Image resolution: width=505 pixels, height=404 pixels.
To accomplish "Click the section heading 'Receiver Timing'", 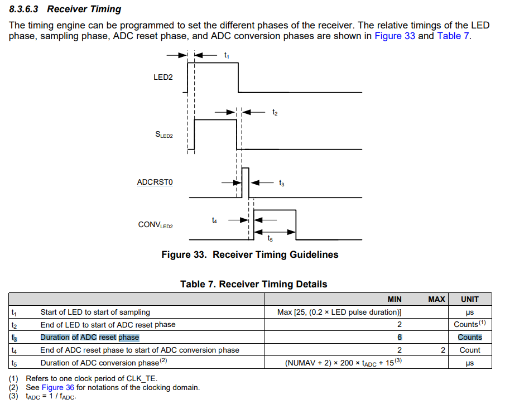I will click(x=84, y=9).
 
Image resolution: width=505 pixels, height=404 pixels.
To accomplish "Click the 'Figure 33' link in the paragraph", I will click(x=395, y=36).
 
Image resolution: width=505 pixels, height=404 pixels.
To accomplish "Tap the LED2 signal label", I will click(x=163, y=77).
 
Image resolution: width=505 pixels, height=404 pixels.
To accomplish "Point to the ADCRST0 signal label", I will click(x=155, y=182).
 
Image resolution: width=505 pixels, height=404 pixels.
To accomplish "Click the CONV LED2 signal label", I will click(x=156, y=225).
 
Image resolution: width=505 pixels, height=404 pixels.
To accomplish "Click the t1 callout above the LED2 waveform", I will click(x=226, y=55).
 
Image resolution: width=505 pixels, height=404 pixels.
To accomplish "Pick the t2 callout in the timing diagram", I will click(x=275, y=112).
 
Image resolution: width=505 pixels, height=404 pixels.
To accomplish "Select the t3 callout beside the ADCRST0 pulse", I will click(x=281, y=182).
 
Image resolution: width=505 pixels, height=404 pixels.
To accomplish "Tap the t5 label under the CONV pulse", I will click(x=270, y=238).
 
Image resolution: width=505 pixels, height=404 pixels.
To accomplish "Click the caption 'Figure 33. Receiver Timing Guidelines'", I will click(x=249, y=255).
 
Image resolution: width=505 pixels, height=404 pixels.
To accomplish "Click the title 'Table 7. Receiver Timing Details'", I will click(x=253, y=285).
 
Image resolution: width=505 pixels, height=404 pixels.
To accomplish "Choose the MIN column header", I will click(x=395, y=299).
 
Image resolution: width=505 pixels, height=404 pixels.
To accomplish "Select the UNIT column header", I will click(x=469, y=299).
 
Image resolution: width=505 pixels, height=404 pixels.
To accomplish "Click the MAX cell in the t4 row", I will click(x=443, y=350).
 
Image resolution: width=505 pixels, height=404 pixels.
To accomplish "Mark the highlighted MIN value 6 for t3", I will click(x=399, y=338).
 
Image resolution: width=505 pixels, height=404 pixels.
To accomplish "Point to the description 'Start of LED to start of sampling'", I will click(x=95, y=312).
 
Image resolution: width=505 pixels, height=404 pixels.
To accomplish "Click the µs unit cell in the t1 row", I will click(x=469, y=312).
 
